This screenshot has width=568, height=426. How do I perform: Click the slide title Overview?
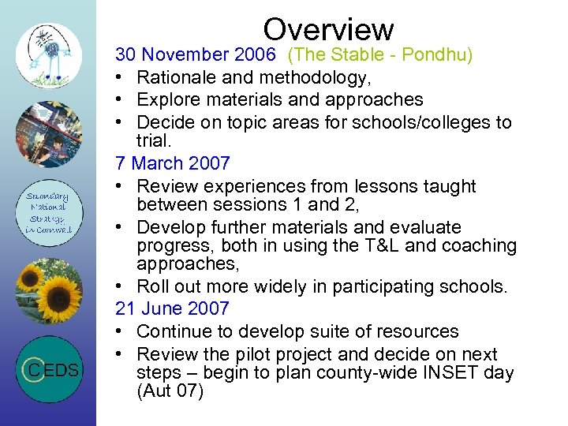tap(328, 29)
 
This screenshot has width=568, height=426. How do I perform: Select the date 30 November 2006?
tap(195, 54)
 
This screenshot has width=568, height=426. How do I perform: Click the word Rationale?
tap(176, 77)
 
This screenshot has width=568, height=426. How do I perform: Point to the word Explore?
tap(166, 100)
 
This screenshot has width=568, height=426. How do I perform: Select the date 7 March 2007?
tap(172, 164)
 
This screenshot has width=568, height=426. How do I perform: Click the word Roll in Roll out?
tap(151, 286)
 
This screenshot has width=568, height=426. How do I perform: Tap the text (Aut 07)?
tap(170, 390)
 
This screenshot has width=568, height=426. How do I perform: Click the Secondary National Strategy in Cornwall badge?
tap(49, 213)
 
